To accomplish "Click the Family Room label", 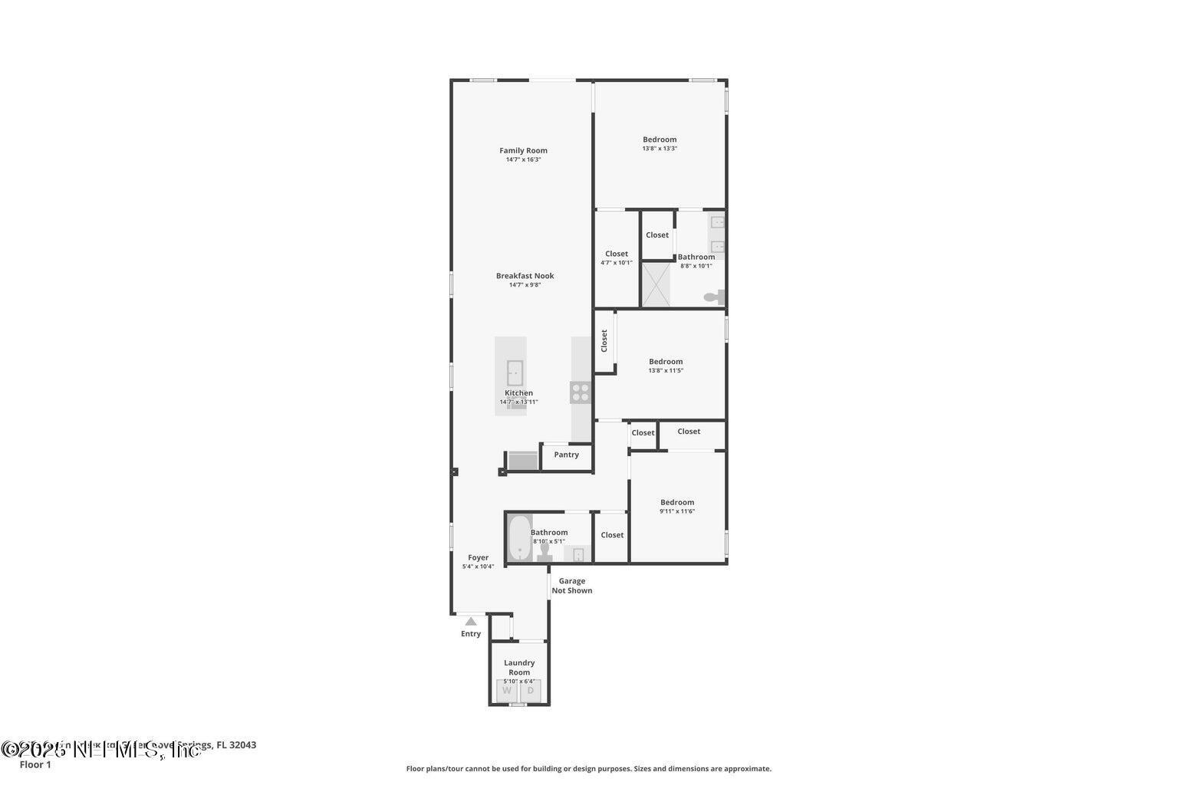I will [523, 150].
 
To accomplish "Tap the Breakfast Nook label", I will [525, 276].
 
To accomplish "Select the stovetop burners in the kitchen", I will [581, 392].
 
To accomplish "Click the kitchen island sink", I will [514, 373].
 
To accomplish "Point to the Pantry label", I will [566, 455].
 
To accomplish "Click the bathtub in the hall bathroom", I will [519, 538].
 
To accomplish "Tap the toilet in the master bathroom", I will [713, 297].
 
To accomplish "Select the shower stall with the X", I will [656, 284].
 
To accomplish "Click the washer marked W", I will [507, 691].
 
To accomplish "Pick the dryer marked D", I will [530, 691].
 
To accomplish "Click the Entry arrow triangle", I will [471, 621].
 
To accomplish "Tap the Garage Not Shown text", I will [571, 586].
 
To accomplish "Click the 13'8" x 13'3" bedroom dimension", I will [660, 149].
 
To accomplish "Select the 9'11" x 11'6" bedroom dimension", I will [677, 511].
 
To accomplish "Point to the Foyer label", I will [478, 558].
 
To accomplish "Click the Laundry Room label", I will [519, 667].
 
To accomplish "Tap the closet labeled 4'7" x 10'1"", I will [617, 258].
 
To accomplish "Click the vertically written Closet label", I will [604, 340].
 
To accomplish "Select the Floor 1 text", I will [35, 764].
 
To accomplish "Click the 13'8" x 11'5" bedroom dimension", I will [666, 370].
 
